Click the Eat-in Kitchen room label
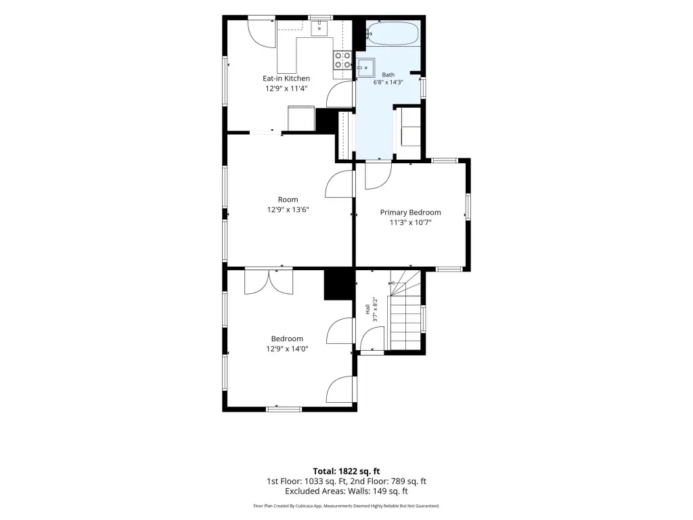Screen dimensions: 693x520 click(x=286, y=79)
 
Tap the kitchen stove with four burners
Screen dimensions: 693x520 click(x=342, y=60)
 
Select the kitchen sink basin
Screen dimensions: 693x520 click(x=319, y=28)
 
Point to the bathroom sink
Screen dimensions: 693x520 click(x=365, y=68)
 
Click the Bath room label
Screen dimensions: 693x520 click(x=388, y=74)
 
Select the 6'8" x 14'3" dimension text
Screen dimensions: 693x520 click(x=388, y=82)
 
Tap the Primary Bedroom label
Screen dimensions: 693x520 click(x=410, y=212)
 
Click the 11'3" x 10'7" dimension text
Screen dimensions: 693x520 click(x=410, y=222)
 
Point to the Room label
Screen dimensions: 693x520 click(x=288, y=200)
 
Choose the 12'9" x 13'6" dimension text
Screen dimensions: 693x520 click(x=288, y=209)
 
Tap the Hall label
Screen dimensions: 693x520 click(x=367, y=309)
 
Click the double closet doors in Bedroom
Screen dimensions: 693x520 click(x=268, y=282)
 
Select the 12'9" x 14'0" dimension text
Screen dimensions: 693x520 click(x=287, y=349)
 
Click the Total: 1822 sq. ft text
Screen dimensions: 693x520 click(x=346, y=471)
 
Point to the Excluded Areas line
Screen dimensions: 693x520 click(x=346, y=491)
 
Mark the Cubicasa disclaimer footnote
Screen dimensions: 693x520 click(x=346, y=506)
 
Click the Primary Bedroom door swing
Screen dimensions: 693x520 click(x=378, y=176)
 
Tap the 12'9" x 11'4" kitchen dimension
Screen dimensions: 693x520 click(x=286, y=89)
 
